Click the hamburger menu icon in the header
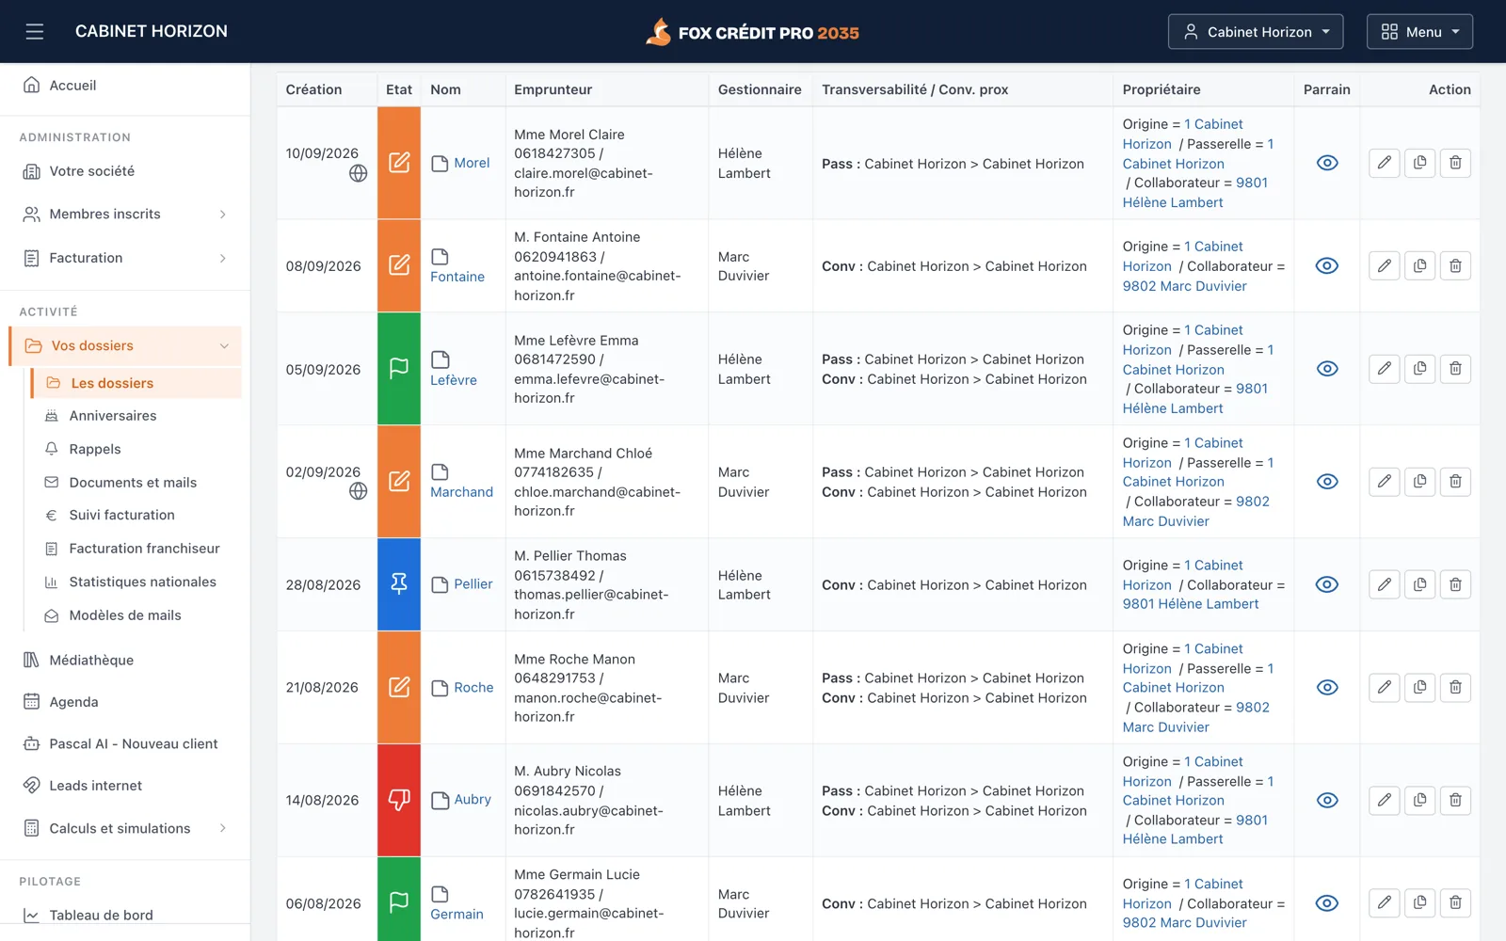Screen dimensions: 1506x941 pos(34,32)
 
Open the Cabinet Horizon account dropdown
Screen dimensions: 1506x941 pos(1256,32)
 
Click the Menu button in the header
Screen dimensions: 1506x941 pos(1419,32)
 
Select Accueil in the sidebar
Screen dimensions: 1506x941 pos(72,86)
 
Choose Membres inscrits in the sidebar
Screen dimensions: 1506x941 pos(104,214)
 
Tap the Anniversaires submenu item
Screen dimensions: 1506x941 pos(113,415)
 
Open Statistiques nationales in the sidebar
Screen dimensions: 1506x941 pos(142,582)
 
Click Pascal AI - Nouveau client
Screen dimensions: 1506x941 pos(133,743)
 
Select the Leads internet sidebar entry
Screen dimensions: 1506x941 pos(95,785)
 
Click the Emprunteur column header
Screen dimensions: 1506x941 pos(553,89)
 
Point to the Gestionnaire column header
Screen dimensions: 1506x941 pos(759,89)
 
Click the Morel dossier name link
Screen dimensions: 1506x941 pos(472,163)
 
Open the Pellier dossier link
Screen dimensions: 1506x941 pos(473,584)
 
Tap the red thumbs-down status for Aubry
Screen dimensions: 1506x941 pos(399,800)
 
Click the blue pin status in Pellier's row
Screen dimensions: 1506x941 pos(399,584)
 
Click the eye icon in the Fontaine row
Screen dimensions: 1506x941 pos(1326,265)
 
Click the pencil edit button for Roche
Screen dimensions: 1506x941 pos(1384,687)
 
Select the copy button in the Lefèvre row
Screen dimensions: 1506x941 pos(1419,368)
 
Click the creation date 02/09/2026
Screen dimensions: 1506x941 pos(323,471)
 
